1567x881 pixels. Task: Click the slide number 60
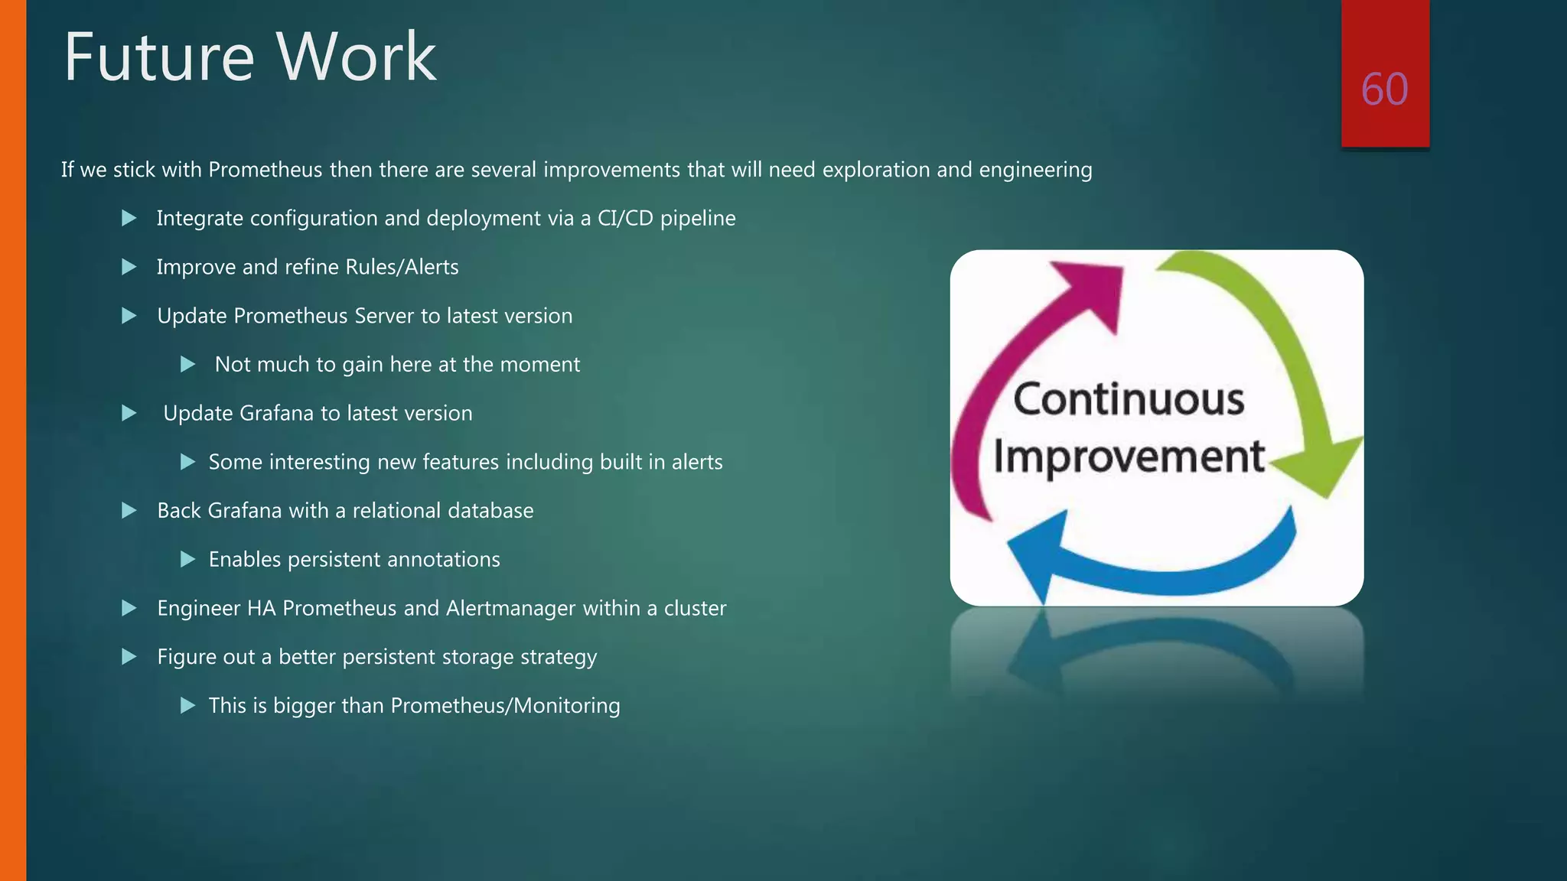[1384, 89]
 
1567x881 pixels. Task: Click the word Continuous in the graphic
[1129, 399]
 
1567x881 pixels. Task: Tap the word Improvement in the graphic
[1129, 457]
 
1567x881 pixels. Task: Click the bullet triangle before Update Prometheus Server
[129, 316]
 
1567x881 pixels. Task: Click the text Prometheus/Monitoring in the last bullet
[505, 706]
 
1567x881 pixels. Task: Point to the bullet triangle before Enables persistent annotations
[187, 560]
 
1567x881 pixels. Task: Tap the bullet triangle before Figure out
[129, 657]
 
